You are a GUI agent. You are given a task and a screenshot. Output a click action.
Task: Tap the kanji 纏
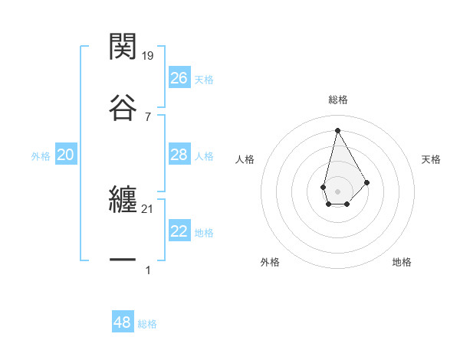(123, 201)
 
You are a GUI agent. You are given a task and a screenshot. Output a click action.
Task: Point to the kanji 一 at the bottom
(123, 261)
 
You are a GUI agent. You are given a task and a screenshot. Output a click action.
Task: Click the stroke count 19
(148, 55)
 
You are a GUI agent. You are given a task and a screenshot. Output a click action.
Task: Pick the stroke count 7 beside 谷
(148, 116)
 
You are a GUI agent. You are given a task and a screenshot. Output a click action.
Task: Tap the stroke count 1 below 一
(148, 270)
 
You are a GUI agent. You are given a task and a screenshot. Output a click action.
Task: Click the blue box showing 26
(179, 78)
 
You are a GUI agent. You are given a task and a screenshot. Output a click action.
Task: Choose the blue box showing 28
(179, 155)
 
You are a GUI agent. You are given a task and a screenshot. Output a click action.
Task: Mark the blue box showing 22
(179, 231)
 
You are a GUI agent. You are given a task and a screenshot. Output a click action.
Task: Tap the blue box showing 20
(65, 155)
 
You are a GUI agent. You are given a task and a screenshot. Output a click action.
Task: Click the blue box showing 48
(123, 322)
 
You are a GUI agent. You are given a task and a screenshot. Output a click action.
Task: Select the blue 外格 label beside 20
(41, 156)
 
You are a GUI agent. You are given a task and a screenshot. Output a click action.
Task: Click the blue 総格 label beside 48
(147, 324)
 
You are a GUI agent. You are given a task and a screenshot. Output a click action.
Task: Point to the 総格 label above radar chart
(338, 100)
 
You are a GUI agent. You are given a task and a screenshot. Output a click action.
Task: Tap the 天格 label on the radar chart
(432, 159)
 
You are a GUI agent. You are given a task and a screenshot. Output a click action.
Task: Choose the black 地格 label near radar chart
(402, 262)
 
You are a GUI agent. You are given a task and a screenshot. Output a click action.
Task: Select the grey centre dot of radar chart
(337, 190)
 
